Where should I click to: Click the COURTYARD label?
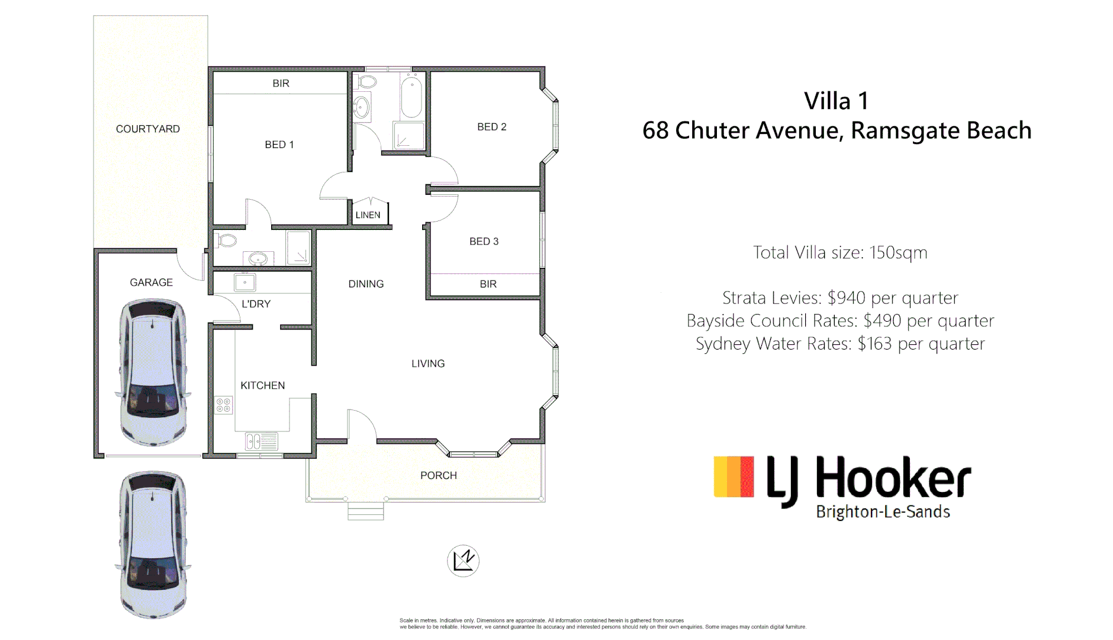(x=147, y=129)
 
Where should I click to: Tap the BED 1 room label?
(x=279, y=145)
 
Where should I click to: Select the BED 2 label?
(x=491, y=127)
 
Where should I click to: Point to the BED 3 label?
(x=484, y=241)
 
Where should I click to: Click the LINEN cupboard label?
(x=368, y=215)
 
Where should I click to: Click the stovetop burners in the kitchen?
(x=224, y=405)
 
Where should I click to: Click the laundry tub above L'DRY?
(x=245, y=283)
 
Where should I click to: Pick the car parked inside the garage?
(x=153, y=372)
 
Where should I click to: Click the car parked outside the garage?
(x=153, y=544)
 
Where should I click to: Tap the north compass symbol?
(x=463, y=561)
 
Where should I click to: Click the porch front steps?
(x=365, y=511)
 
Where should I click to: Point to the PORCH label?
(x=438, y=475)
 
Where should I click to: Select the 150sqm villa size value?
(x=898, y=252)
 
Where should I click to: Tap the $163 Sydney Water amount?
(x=874, y=344)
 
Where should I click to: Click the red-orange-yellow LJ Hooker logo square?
(x=734, y=476)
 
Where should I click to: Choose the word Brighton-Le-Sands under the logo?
(x=883, y=512)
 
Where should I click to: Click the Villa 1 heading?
(x=836, y=101)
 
